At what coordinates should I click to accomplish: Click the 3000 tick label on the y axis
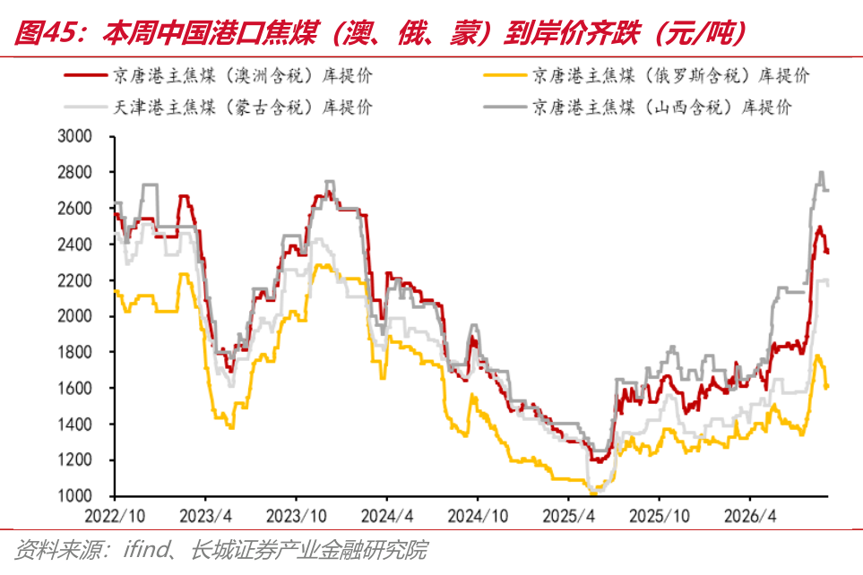click(74, 136)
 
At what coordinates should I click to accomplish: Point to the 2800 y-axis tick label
click(74, 172)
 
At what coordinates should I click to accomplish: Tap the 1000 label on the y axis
click(74, 496)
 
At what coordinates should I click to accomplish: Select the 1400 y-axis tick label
click(74, 424)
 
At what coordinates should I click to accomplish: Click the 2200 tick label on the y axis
click(74, 280)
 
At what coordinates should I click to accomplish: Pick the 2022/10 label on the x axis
click(115, 516)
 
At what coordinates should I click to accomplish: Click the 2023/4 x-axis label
click(205, 516)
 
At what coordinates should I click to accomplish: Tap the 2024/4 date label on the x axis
click(387, 516)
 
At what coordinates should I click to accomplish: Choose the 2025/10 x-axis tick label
click(660, 516)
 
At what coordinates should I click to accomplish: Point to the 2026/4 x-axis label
click(750, 516)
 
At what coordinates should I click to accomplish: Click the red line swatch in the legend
click(85, 75)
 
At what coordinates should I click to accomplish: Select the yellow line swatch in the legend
click(505, 75)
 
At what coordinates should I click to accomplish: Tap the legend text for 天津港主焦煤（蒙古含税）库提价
click(243, 107)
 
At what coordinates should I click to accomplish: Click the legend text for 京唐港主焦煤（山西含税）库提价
click(662, 107)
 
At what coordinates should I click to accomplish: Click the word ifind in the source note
click(147, 549)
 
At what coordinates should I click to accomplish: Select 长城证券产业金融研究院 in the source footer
click(309, 549)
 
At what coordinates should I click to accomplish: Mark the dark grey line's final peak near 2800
click(821, 172)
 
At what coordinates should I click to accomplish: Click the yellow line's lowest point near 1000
click(593, 493)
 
